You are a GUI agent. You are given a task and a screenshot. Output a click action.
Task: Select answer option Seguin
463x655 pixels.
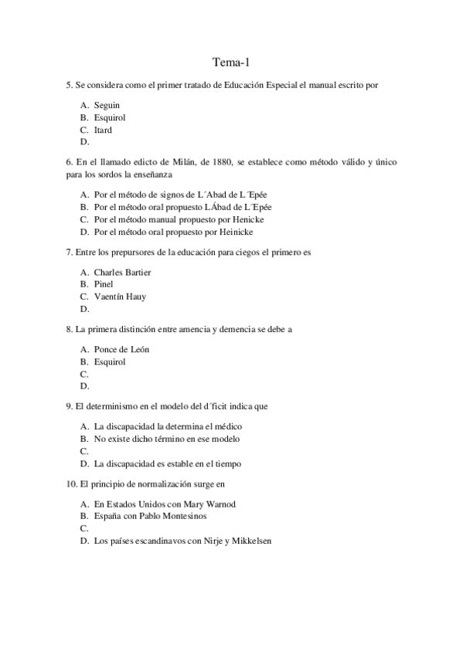tap(107, 105)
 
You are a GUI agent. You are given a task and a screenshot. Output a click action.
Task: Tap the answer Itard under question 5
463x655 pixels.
tap(103, 130)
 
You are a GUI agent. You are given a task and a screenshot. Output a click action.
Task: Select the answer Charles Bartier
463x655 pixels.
tap(122, 272)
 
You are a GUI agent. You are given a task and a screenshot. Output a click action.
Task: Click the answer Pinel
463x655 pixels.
tap(103, 284)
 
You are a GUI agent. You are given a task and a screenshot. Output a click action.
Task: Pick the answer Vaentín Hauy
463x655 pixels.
tap(120, 297)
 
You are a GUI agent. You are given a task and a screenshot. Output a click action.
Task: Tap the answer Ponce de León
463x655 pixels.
tap(121, 349)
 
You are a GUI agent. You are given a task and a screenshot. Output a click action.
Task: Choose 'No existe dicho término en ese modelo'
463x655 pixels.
tap(166, 439)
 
